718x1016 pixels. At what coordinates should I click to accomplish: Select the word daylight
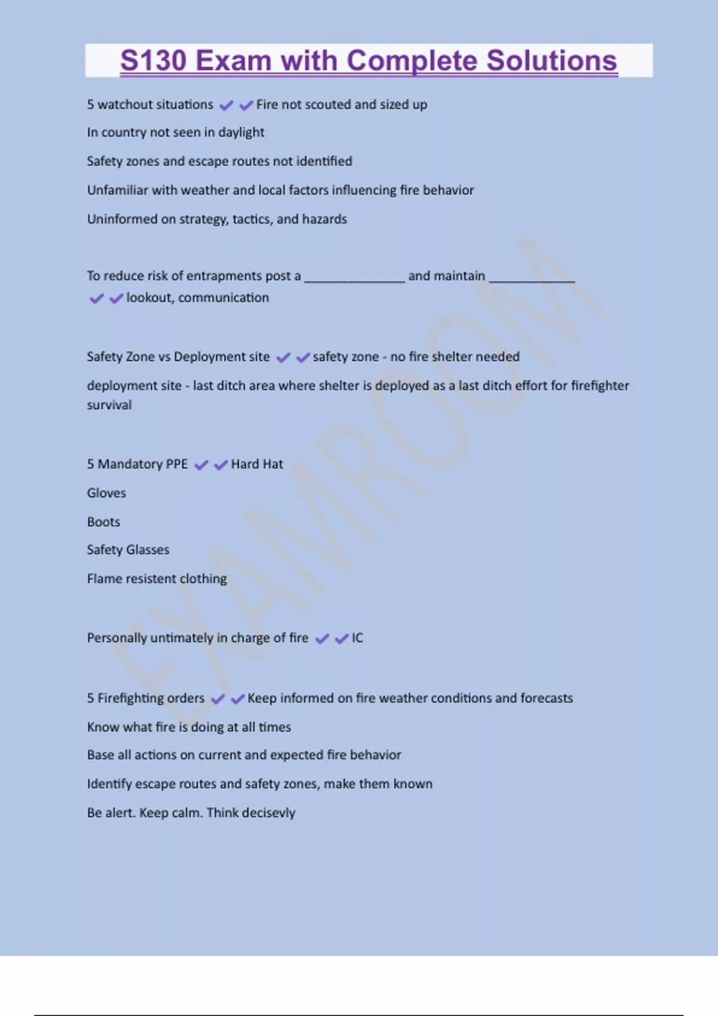click(x=241, y=132)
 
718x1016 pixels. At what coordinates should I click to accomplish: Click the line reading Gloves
click(x=107, y=493)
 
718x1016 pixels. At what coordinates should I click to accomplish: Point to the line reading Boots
click(x=104, y=522)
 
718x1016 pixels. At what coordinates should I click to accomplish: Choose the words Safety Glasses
click(x=128, y=550)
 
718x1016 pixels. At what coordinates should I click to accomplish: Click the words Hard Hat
click(x=257, y=464)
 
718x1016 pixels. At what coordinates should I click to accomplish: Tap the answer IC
click(x=357, y=638)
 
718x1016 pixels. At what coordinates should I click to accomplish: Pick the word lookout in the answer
click(x=149, y=298)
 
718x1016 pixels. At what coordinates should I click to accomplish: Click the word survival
click(x=109, y=405)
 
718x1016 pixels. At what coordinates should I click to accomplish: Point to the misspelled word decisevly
click(x=269, y=813)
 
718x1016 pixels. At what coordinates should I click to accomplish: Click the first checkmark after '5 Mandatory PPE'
click(x=202, y=465)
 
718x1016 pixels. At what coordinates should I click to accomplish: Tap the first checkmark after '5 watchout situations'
click(x=226, y=106)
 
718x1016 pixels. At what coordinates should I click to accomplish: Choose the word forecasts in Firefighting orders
click(x=546, y=698)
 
